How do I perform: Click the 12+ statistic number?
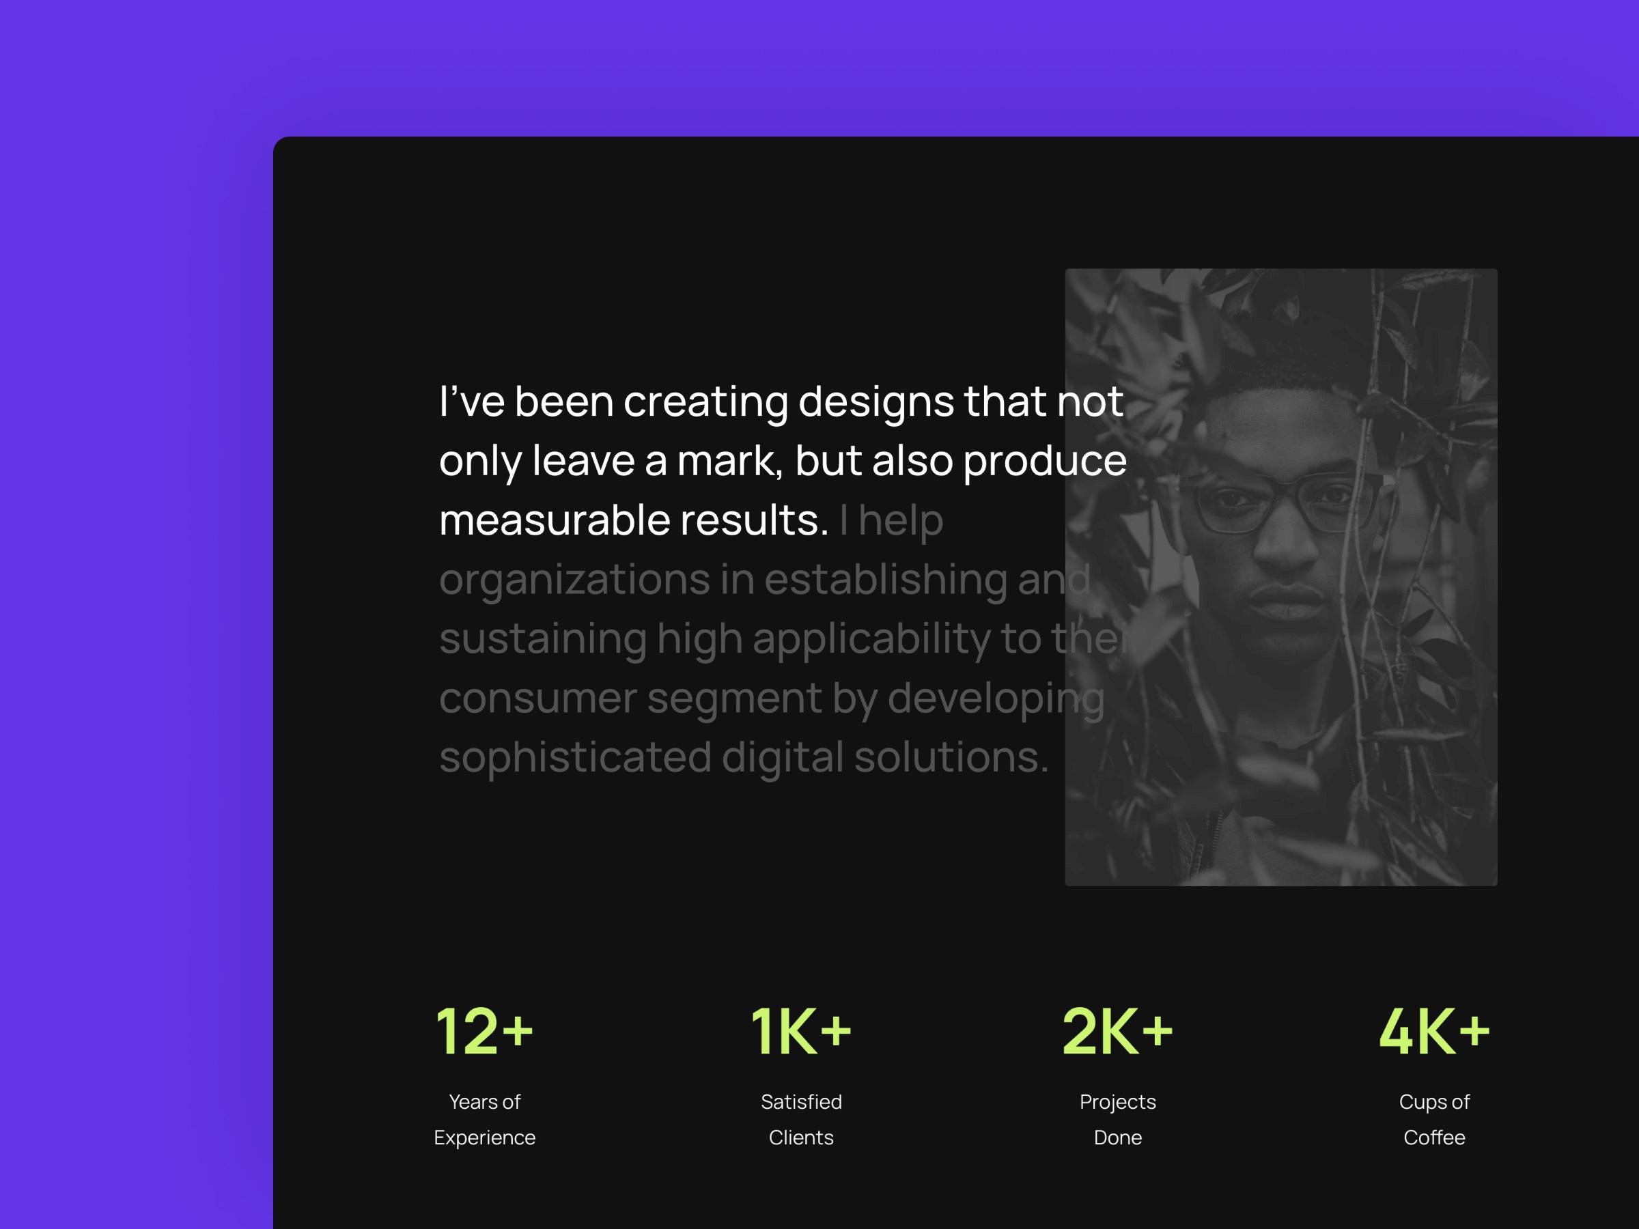484,1031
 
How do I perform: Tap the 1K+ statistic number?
801,1031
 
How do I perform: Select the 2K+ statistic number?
1117,1031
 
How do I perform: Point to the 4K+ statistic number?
1433,1031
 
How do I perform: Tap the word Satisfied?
801,1101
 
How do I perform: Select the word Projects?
1117,1102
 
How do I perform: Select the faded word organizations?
574,581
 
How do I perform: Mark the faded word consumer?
538,699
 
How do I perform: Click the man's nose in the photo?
1287,541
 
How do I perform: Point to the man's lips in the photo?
1288,602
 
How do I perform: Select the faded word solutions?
951,757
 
